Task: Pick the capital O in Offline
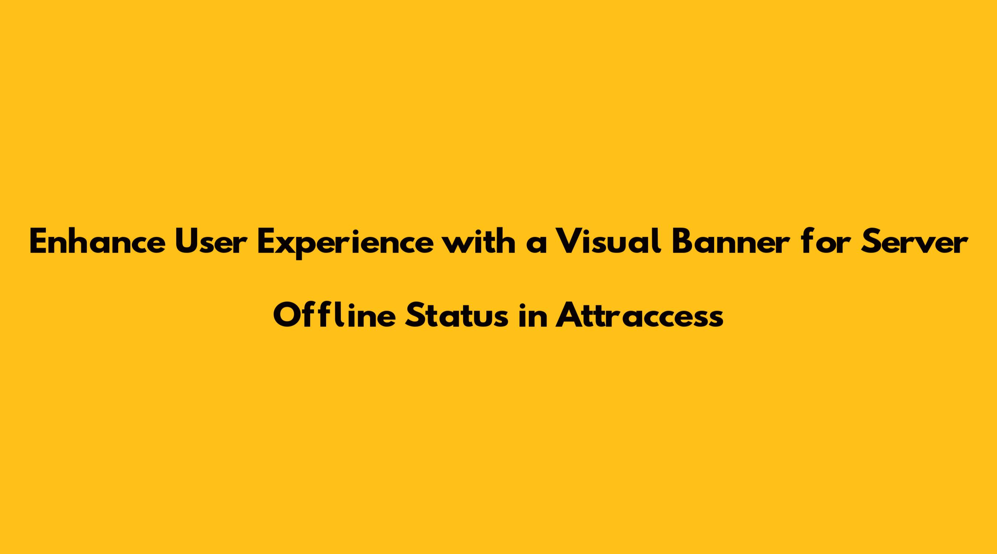287,315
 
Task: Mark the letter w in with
458,246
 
